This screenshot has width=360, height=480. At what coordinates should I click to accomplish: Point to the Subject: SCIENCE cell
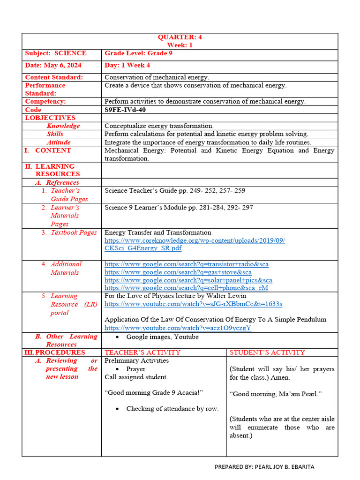(55, 53)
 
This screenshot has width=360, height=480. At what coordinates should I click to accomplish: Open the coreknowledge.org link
(195, 240)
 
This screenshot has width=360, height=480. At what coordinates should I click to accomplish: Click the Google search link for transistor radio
(186, 264)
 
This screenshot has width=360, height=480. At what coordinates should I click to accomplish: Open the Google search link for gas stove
(178, 272)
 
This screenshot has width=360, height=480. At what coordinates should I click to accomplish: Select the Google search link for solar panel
(188, 280)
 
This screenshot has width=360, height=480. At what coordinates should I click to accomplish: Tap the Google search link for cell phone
(186, 288)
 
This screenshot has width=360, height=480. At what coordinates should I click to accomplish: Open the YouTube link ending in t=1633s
(193, 304)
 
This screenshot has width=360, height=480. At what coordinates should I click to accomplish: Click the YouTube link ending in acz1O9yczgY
(178, 328)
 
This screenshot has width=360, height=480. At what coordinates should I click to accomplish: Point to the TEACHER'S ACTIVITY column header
(142, 352)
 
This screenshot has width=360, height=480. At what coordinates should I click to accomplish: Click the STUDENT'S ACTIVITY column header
(267, 352)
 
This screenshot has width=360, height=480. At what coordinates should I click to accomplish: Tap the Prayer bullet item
(135, 369)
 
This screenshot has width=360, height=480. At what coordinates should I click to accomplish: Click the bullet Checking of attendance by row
(172, 409)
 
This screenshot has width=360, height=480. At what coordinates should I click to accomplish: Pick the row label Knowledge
(63, 126)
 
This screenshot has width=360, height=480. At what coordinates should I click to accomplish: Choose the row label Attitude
(59, 142)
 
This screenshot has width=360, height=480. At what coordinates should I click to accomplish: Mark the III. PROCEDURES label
(55, 352)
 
